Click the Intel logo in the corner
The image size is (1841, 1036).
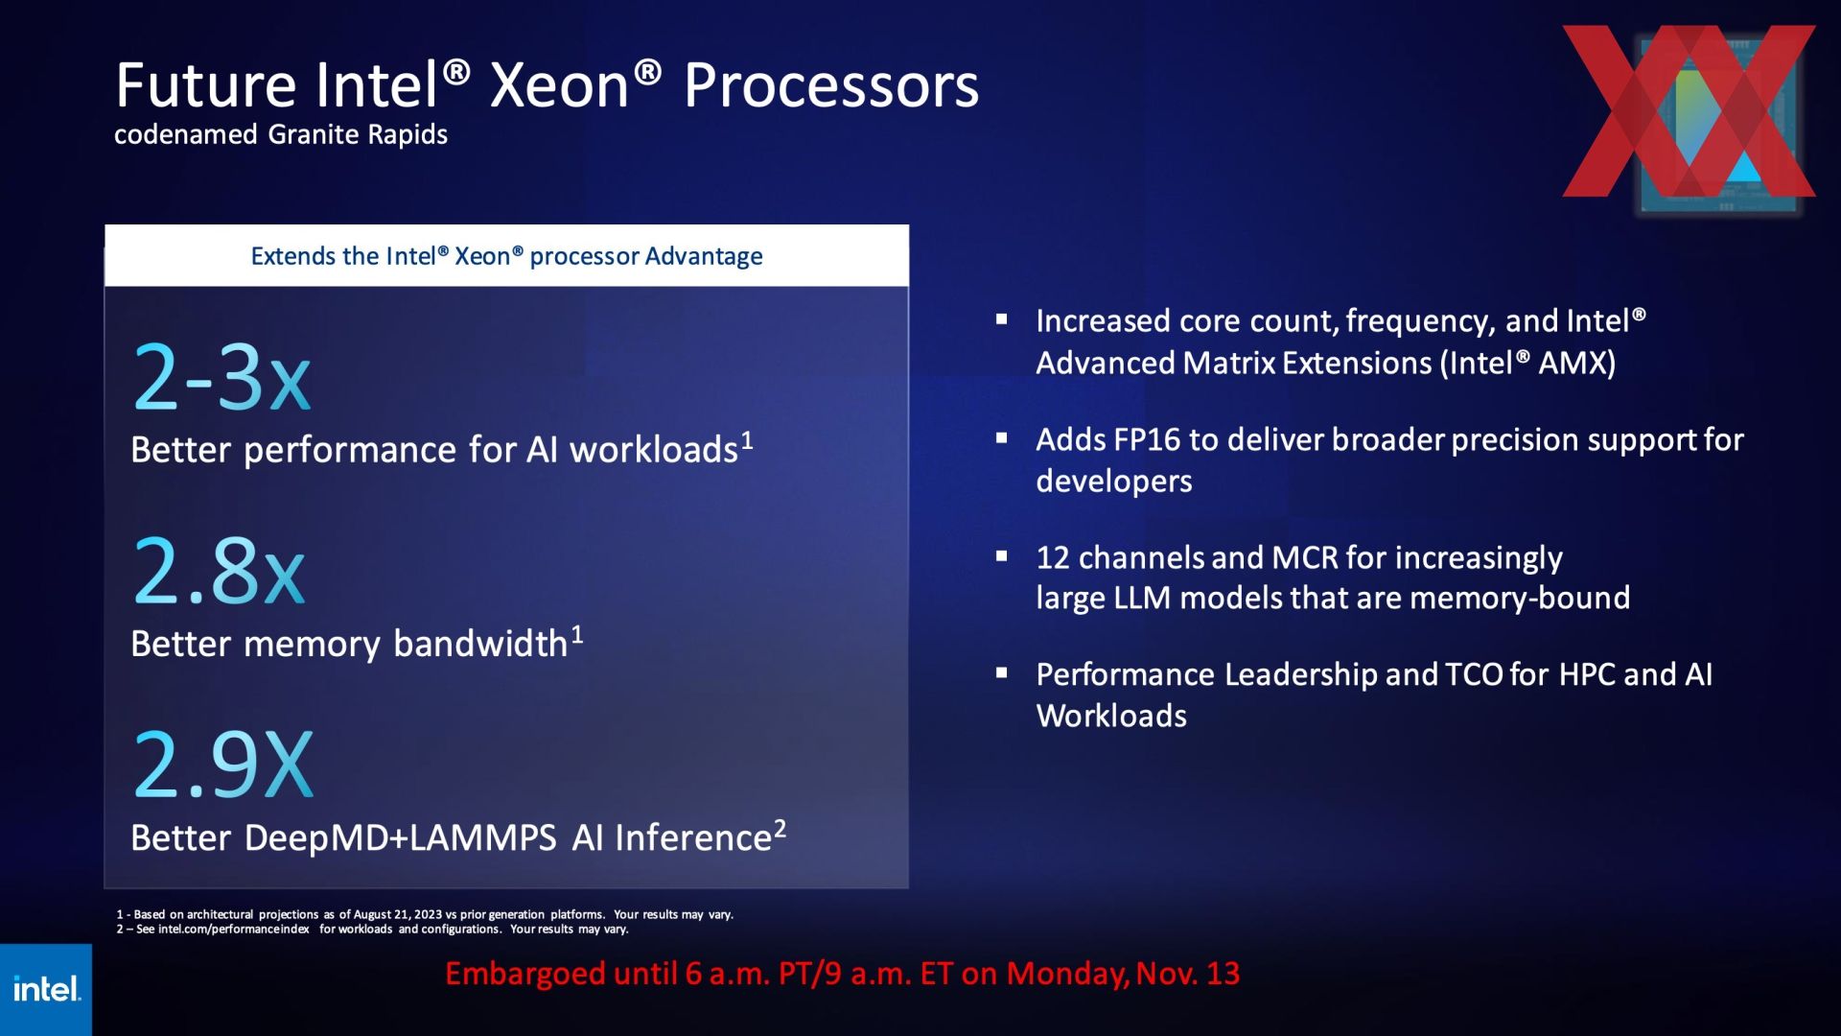tap(46, 989)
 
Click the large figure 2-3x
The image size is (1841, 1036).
tap(222, 378)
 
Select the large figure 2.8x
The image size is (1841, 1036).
tap(220, 571)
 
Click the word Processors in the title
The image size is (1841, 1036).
tap(831, 85)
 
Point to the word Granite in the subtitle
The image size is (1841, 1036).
tap(309, 134)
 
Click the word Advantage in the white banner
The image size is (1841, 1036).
tap(704, 256)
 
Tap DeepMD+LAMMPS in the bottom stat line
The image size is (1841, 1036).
tap(400, 838)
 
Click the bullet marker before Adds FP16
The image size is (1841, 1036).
tap(1002, 438)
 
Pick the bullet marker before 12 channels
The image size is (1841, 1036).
tap(1002, 555)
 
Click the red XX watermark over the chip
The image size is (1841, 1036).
tap(1689, 111)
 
